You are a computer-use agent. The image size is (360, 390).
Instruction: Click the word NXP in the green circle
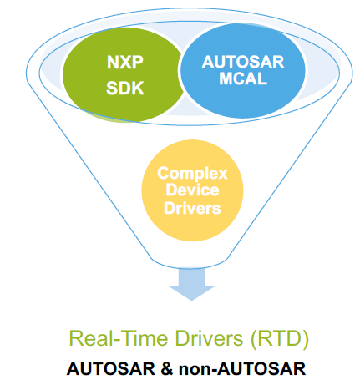pos(125,62)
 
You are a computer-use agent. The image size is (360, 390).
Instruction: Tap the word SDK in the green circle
pos(125,88)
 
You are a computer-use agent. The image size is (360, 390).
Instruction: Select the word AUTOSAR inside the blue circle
pos(243,62)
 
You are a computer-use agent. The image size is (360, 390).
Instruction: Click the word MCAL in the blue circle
pos(243,79)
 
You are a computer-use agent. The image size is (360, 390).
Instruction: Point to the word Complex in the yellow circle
pos(192,175)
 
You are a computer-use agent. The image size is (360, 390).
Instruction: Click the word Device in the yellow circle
pos(192,190)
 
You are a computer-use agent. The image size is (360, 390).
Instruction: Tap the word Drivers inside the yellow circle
pos(192,208)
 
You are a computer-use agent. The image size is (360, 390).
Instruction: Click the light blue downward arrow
pos(191,284)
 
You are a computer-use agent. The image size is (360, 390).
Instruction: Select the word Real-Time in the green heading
pos(119,338)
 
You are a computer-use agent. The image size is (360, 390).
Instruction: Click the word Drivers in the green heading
pos(209,338)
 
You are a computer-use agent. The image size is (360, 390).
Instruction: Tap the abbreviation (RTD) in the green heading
pos(280,339)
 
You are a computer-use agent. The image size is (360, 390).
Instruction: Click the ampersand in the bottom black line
pos(167,369)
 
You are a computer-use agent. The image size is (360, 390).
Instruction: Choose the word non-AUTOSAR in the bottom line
pos(242,369)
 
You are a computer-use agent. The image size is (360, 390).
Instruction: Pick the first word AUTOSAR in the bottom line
pos(111,369)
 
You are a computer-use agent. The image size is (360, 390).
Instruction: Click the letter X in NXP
pos(125,62)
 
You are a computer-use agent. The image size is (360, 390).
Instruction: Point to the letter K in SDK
pos(138,88)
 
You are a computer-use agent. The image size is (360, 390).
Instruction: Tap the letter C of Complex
pos(164,173)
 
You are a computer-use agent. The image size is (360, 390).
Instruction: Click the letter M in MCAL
pos(226,79)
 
